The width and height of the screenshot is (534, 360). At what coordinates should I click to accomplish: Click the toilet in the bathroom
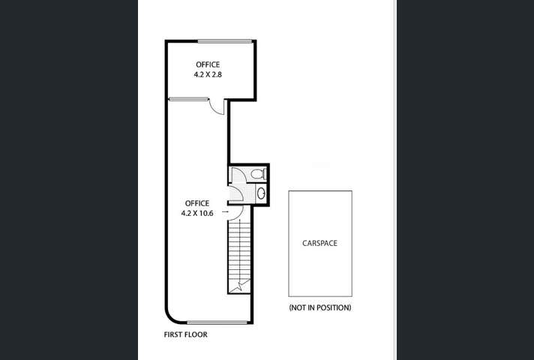tap(258, 174)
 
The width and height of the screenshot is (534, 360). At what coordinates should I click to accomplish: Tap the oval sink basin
tap(260, 193)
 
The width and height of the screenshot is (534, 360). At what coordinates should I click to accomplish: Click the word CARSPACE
tap(320, 243)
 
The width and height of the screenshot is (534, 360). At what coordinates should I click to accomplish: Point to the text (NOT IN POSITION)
tap(320, 307)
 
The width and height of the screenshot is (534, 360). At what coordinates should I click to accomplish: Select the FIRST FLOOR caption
tap(185, 334)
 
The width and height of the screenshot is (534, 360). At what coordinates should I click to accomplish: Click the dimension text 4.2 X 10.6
tap(197, 213)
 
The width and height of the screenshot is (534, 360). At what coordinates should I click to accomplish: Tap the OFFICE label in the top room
tap(208, 65)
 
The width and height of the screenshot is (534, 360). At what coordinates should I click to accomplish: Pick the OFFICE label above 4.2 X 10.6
tap(197, 202)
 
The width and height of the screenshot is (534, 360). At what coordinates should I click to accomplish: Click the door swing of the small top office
tap(217, 107)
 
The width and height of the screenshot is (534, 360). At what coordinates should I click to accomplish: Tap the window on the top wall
tap(224, 40)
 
